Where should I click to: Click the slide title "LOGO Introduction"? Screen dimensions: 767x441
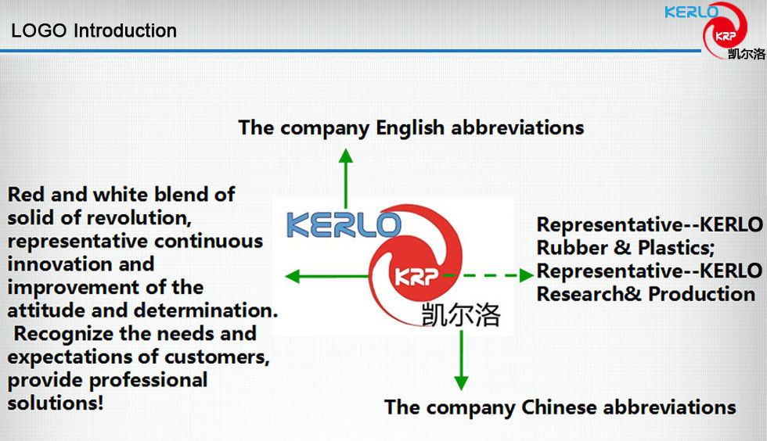pyautogui.click(x=94, y=30)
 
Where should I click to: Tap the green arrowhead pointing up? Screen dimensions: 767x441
pyautogui.click(x=346, y=156)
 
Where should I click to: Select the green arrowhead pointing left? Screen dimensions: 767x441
pyautogui.click(x=292, y=276)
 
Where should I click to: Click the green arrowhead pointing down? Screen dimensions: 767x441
pyautogui.click(x=461, y=383)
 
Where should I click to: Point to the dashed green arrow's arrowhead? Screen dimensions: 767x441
pyautogui.click(x=526, y=275)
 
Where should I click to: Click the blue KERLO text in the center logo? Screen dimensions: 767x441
pyautogui.click(x=344, y=225)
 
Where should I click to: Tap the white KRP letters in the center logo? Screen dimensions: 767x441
pyautogui.click(x=416, y=277)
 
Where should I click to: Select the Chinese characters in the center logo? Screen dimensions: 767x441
pyautogui.click(x=461, y=314)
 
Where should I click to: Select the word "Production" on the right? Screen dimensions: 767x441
pyautogui.click(x=701, y=294)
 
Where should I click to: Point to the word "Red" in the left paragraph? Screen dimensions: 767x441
pyautogui.click(x=27, y=194)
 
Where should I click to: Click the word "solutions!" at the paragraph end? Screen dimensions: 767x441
pyautogui.click(x=56, y=403)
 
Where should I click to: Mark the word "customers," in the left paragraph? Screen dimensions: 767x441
pyautogui.click(x=217, y=357)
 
